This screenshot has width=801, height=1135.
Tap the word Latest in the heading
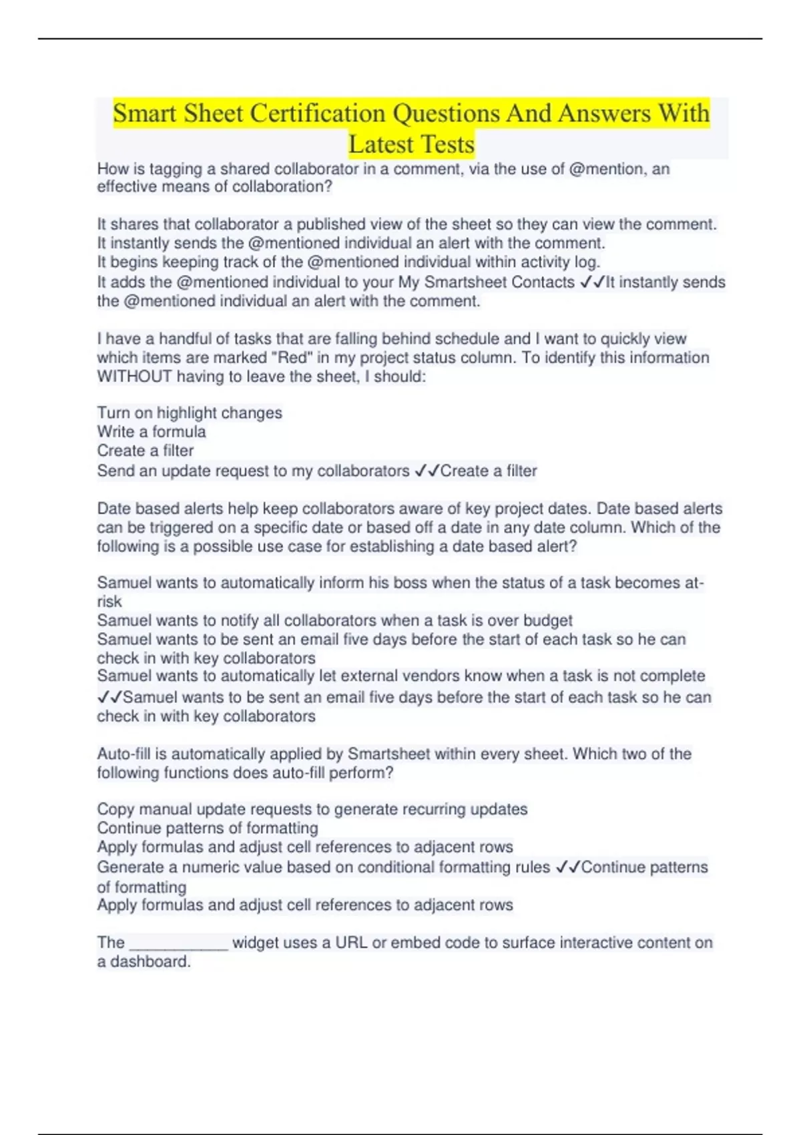point(381,144)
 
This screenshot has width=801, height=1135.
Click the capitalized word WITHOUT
point(134,377)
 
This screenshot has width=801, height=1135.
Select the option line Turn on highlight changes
point(190,413)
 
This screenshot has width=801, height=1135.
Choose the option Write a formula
point(152,432)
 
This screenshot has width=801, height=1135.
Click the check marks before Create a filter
point(427,471)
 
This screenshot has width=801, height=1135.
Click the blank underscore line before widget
point(179,943)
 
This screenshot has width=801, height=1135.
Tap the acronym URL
point(352,943)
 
